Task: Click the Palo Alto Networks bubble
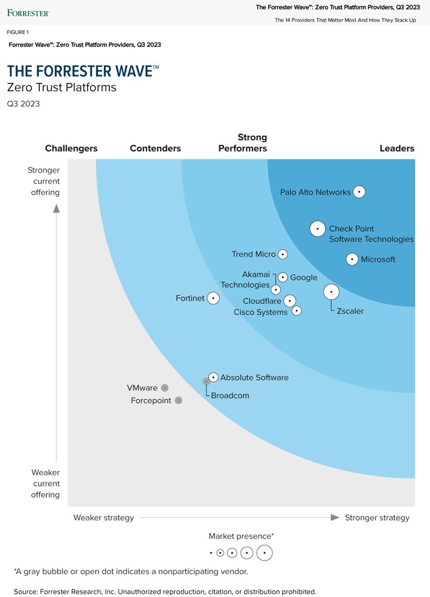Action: click(x=359, y=192)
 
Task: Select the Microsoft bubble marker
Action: click(x=352, y=259)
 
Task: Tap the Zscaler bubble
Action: click(x=331, y=292)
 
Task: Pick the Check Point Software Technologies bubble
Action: click(x=317, y=229)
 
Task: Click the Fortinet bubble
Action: click(x=213, y=298)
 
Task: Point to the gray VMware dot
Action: click(x=165, y=388)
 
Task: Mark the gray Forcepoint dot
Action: click(x=179, y=400)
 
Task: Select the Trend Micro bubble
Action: click(x=283, y=254)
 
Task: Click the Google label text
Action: click(x=304, y=277)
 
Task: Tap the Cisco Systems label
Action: click(x=260, y=312)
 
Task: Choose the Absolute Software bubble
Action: click(x=214, y=377)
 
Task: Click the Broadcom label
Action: click(x=230, y=395)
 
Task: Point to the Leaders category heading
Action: click(x=397, y=148)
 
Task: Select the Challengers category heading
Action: click(x=71, y=148)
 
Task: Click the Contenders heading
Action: click(x=155, y=148)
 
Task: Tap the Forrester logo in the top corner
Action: click(x=28, y=12)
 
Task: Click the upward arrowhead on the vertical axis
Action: click(x=56, y=208)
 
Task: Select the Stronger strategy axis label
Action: click(x=377, y=518)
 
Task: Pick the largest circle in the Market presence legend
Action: click(x=264, y=553)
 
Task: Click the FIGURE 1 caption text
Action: click(x=18, y=32)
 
